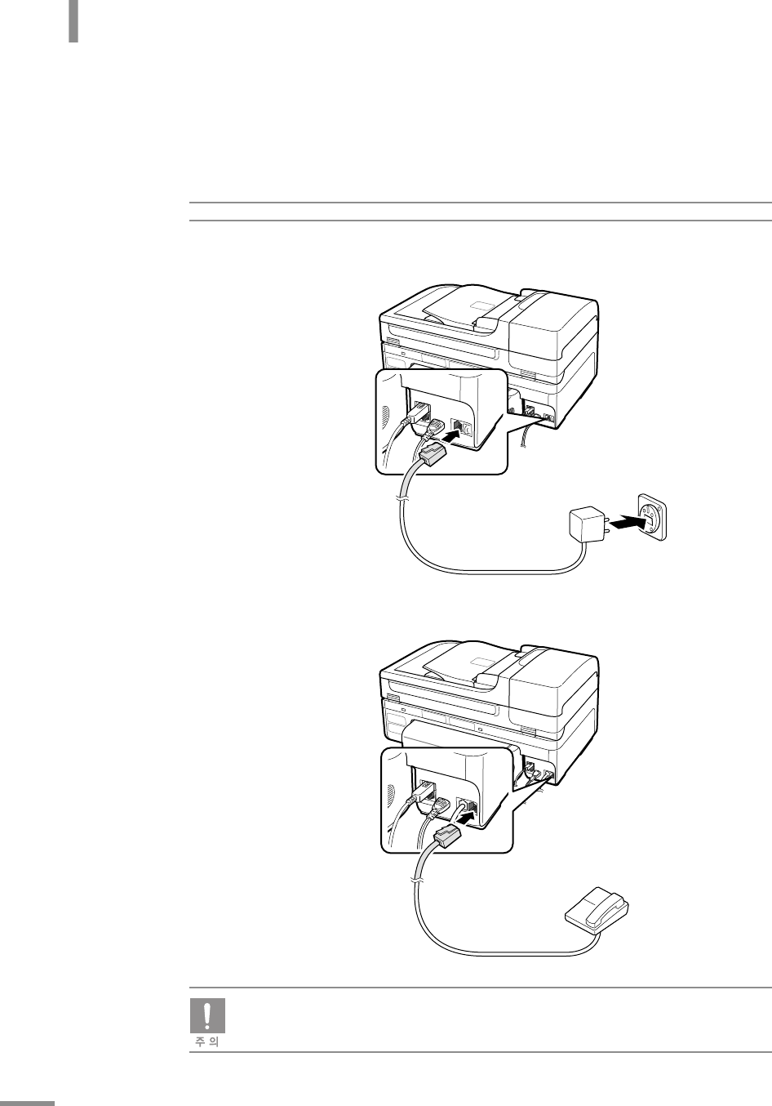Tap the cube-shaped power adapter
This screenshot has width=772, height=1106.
pos(586,524)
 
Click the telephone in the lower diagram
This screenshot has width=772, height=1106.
pos(597,911)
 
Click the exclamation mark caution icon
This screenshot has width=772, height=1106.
pos(207,1015)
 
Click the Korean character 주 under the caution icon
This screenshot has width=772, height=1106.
pos(201,1041)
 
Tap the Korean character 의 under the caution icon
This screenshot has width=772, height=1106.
pos(214,1041)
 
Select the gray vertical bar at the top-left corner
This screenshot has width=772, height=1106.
pos(73,21)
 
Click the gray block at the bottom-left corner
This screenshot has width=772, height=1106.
pos(27,1103)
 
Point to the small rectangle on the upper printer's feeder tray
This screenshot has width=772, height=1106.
pos(482,306)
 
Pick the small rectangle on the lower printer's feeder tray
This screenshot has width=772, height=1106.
pos(482,662)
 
